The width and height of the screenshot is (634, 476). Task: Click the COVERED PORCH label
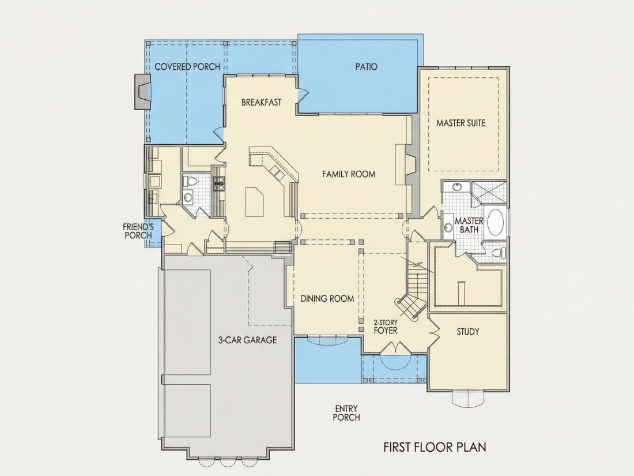point(187,66)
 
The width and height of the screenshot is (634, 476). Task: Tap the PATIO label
point(367,66)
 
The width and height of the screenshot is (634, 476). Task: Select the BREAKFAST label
point(261,102)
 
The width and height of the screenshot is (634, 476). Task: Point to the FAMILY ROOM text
point(349,174)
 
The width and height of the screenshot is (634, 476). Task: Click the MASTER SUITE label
point(461,123)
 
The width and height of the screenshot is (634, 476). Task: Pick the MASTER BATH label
point(469,225)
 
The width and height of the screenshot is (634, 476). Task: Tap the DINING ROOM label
point(327,299)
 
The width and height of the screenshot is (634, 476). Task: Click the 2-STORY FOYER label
point(386,327)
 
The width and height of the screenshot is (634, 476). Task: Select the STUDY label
point(468,332)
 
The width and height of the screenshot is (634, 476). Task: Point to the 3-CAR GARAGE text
point(247,340)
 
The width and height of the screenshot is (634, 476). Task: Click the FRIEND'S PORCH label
point(138,231)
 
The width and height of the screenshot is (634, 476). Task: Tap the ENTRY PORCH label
point(346,413)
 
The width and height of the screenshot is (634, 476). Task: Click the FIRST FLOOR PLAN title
point(435,447)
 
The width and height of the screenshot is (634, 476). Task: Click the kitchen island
point(254,202)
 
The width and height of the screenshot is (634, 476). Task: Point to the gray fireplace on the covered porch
point(142,92)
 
